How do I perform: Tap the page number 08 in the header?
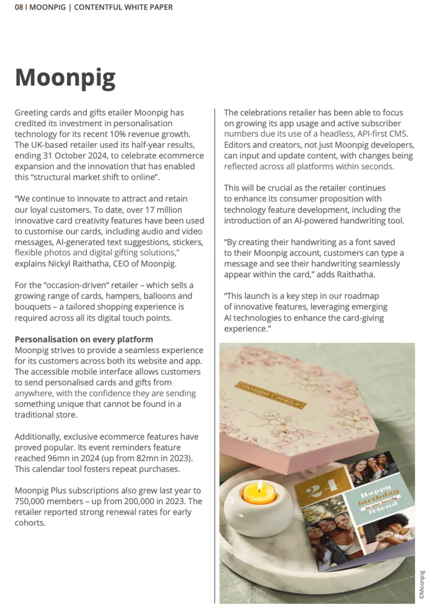[x=19, y=7]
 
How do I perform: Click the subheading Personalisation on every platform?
[x=83, y=339]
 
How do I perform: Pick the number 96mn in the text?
[x=59, y=458]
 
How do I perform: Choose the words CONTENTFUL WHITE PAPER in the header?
[x=123, y=7]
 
